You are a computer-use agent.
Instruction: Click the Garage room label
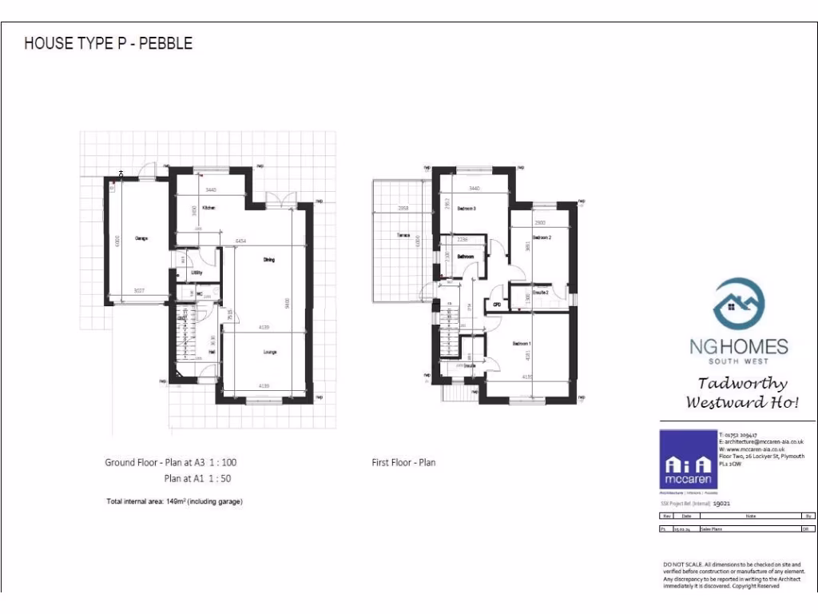(141, 238)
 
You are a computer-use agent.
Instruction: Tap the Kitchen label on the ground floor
(209, 208)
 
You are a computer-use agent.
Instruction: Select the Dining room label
(269, 260)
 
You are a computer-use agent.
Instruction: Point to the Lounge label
(269, 352)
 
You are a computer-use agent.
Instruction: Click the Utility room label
(197, 273)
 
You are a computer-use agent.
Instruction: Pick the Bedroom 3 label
(467, 208)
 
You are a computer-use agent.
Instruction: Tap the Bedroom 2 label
(543, 238)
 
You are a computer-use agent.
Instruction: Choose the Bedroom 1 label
(522, 344)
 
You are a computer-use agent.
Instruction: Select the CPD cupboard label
(496, 305)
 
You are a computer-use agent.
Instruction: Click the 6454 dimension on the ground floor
(240, 241)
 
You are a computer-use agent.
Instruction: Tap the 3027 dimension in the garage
(140, 289)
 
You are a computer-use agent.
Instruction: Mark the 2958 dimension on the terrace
(404, 209)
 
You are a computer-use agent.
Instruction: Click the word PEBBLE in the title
(166, 43)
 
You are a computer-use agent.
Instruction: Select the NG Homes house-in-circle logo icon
(738, 303)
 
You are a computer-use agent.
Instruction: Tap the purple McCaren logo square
(688, 460)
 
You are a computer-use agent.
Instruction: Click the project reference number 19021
(723, 504)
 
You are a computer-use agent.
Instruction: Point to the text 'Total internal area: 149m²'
(173, 502)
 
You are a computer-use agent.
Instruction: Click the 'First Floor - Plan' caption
(403, 462)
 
